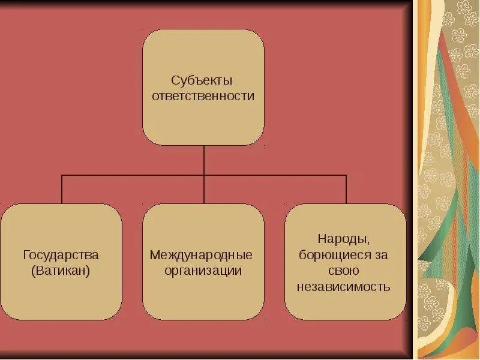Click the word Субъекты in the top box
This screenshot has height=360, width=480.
point(201,80)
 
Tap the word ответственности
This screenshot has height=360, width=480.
point(203,96)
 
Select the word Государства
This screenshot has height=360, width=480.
point(61,254)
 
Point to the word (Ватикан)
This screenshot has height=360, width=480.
point(61,271)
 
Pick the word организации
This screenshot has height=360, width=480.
point(203,271)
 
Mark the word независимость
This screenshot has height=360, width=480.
point(344,286)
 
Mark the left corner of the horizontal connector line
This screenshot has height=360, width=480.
point(62,175)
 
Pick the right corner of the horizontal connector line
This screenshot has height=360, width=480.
point(346,175)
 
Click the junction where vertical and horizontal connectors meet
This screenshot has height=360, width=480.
point(204,175)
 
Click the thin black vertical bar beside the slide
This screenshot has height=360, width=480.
point(415,180)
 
